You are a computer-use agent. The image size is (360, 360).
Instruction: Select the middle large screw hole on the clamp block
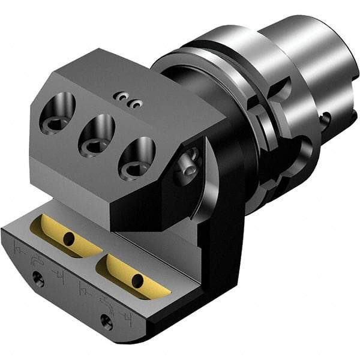tap(96, 134)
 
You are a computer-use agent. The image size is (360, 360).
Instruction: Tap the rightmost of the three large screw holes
tap(137, 157)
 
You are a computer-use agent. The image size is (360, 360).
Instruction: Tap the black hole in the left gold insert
tap(70, 239)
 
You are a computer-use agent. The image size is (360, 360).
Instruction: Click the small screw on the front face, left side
tap(38, 277)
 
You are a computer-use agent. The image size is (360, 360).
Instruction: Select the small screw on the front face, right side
tap(106, 323)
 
